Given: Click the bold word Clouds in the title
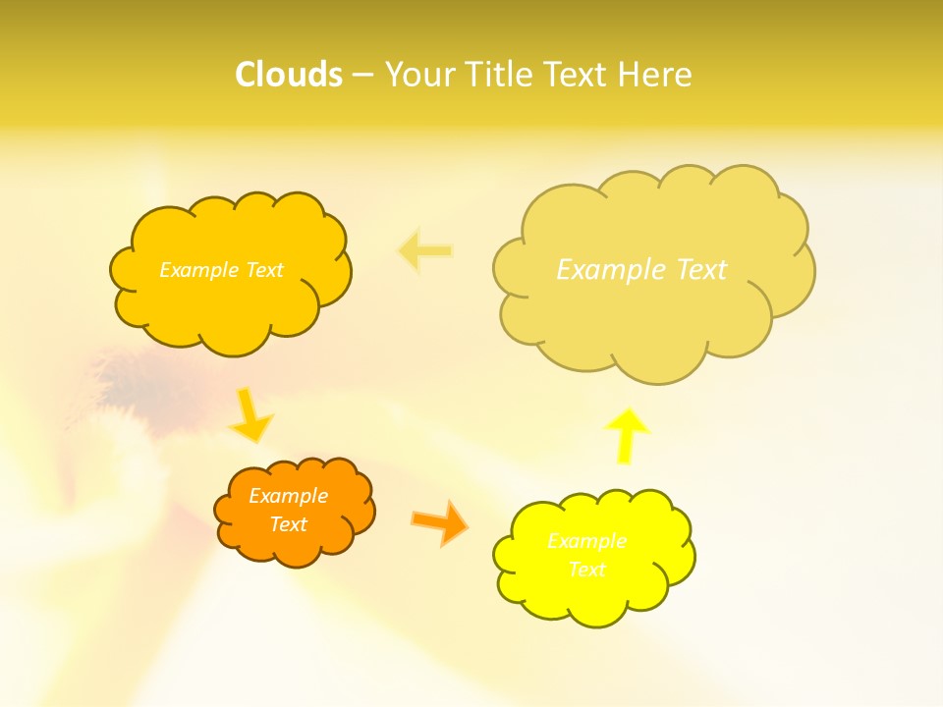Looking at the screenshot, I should (x=289, y=75).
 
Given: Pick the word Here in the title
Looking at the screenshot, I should (x=655, y=75).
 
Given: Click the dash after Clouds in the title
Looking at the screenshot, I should (x=362, y=76).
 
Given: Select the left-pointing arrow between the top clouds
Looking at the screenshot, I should (x=425, y=251).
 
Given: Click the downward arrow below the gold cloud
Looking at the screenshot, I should (x=252, y=415).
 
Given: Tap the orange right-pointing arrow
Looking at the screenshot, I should (x=439, y=522).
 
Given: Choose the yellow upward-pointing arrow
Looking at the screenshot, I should (x=627, y=435).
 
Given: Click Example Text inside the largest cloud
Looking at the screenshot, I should (x=641, y=269).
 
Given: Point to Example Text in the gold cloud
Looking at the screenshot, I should (x=221, y=270).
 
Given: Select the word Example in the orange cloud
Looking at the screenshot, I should (x=288, y=496).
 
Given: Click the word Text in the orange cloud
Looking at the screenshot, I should (x=288, y=524).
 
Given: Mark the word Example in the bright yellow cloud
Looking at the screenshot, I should (x=586, y=541).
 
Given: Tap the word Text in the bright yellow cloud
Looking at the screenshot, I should (x=586, y=570).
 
